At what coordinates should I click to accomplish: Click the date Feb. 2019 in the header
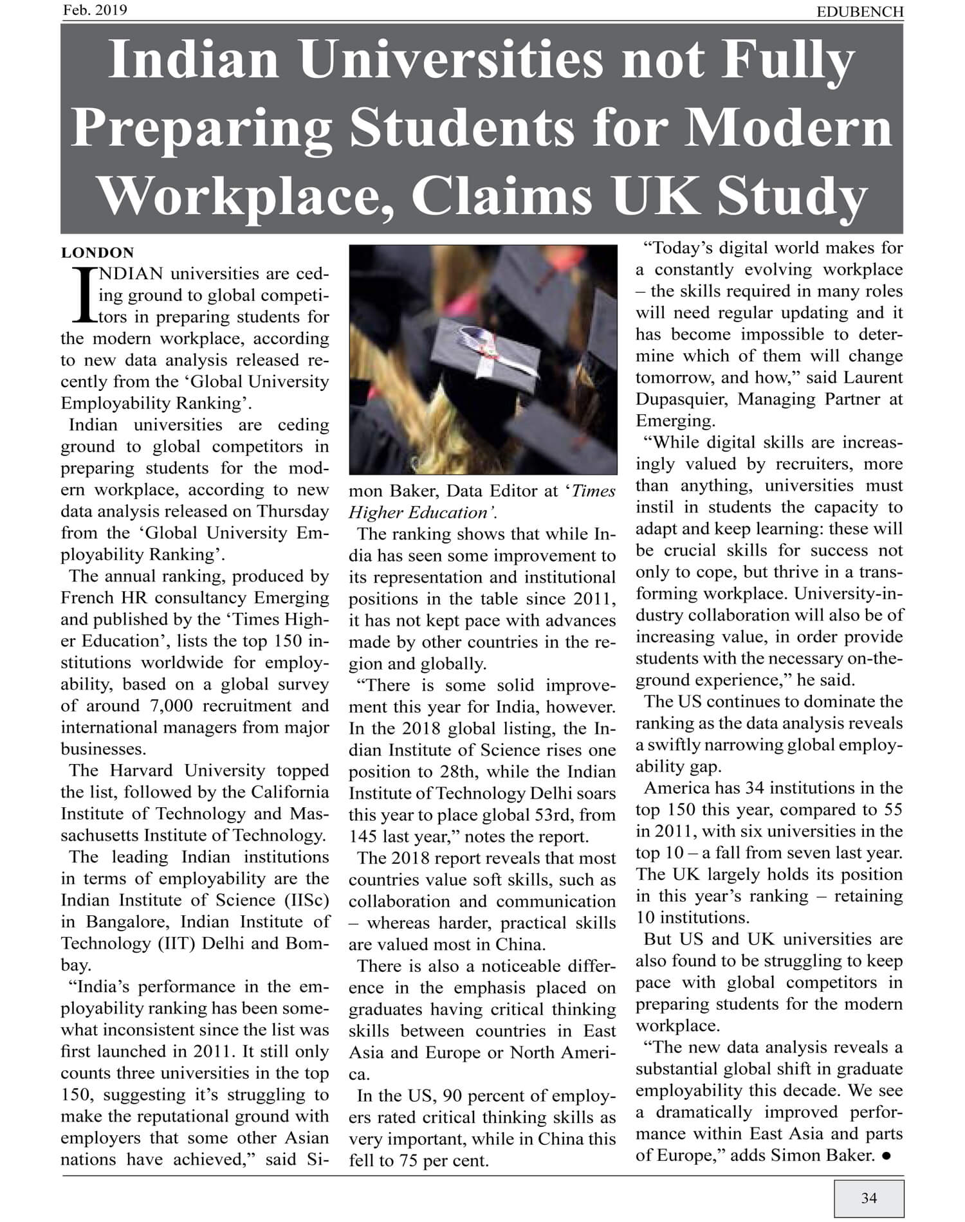point(95,10)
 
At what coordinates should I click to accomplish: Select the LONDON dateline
point(98,253)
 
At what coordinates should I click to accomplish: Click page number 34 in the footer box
point(868,1198)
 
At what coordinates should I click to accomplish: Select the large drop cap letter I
point(82,295)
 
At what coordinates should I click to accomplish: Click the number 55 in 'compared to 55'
point(892,810)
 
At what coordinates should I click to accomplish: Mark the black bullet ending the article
point(887,1156)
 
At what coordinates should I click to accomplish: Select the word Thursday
point(293,511)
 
